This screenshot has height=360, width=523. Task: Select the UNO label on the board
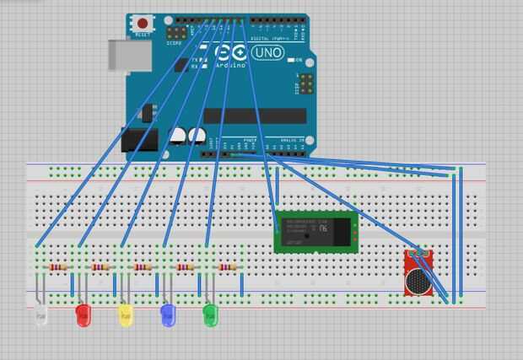tap(267, 52)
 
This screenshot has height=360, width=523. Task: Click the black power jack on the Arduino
tap(139, 139)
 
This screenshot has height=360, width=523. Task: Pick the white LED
tap(40, 315)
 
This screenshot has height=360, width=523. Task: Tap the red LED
tap(83, 315)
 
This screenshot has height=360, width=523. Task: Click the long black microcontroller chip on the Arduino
tap(254, 116)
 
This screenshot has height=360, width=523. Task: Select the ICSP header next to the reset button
tap(176, 33)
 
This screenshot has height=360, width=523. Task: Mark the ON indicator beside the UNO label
tap(296, 60)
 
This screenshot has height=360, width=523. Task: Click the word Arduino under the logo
tap(230, 65)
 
